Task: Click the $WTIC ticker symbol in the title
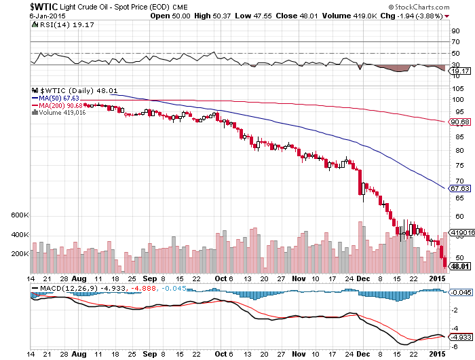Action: point(43,6)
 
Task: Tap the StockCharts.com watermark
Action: point(419,7)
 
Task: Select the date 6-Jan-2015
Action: point(47,16)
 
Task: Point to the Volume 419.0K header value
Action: point(349,16)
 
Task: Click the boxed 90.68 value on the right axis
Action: point(460,122)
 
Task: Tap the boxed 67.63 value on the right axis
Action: point(460,188)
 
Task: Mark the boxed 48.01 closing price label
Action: point(460,266)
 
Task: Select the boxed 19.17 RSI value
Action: point(460,71)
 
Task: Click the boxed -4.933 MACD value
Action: point(461,337)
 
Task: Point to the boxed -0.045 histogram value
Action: point(461,292)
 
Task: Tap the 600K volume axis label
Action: point(20,215)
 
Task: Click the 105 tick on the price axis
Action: point(458,88)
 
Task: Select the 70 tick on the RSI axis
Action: point(455,42)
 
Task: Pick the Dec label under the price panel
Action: point(363,278)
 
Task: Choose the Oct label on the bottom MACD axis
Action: point(221,354)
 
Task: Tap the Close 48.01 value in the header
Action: point(297,16)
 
